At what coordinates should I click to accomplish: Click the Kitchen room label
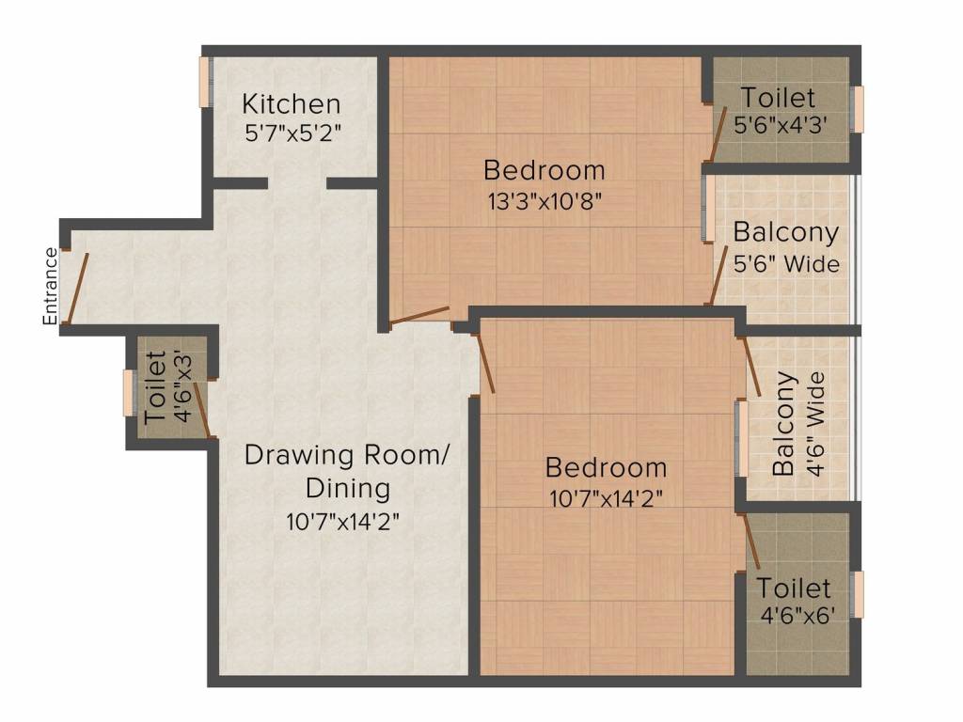pos(292,102)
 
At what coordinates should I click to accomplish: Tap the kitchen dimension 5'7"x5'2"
pos(292,133)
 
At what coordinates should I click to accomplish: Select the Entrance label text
pos(51,286)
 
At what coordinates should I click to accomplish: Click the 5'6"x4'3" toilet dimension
pos(780,125)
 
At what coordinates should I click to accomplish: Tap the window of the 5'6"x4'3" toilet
pos(857,109)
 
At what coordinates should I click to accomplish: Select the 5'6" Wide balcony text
pos(787,264)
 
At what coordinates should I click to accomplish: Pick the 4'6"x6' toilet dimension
pos(796,617)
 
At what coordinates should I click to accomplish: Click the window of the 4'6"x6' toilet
pos(857,594)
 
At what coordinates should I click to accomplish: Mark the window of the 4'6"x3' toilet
pos(130,392)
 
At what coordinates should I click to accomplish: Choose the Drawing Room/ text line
pos(348,456)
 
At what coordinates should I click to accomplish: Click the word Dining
pos(347,489)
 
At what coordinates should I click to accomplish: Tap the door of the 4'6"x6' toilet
pos(753,543)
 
